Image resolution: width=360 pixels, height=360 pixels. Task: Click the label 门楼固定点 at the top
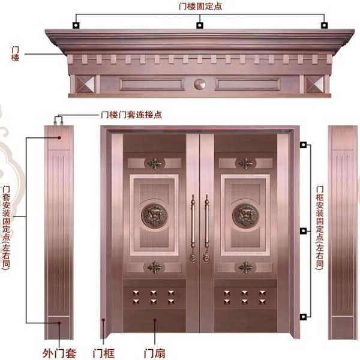[x=200, y=7]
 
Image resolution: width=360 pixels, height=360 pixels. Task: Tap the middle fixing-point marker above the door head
[x=200, y=25]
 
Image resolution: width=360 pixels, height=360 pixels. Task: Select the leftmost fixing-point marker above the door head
[x=76, y=25]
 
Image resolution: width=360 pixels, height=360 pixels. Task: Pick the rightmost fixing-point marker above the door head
[x=324, y=25]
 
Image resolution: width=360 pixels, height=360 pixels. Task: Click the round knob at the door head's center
[x=199, y=84]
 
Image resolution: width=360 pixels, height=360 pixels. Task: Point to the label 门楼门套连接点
[x=131, y=115]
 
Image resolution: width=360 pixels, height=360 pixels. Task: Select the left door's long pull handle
[x=193, y=228]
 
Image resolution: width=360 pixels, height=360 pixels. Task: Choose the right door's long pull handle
[x=207, y=228]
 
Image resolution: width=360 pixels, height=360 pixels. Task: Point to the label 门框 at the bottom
[x=104, y=353]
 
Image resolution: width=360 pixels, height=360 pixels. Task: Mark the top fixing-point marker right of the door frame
[x=304, y=145]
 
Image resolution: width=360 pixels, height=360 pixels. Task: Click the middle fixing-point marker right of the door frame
[x=304, y=230]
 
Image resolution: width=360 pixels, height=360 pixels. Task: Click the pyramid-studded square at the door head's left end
[x=82, y=83]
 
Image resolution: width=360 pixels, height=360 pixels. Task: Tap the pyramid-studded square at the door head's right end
[x=315, y=83]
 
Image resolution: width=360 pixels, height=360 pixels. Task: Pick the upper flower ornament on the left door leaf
[x=155, y=163]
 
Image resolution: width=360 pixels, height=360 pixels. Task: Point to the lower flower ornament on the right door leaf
[x=245, y=266]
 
